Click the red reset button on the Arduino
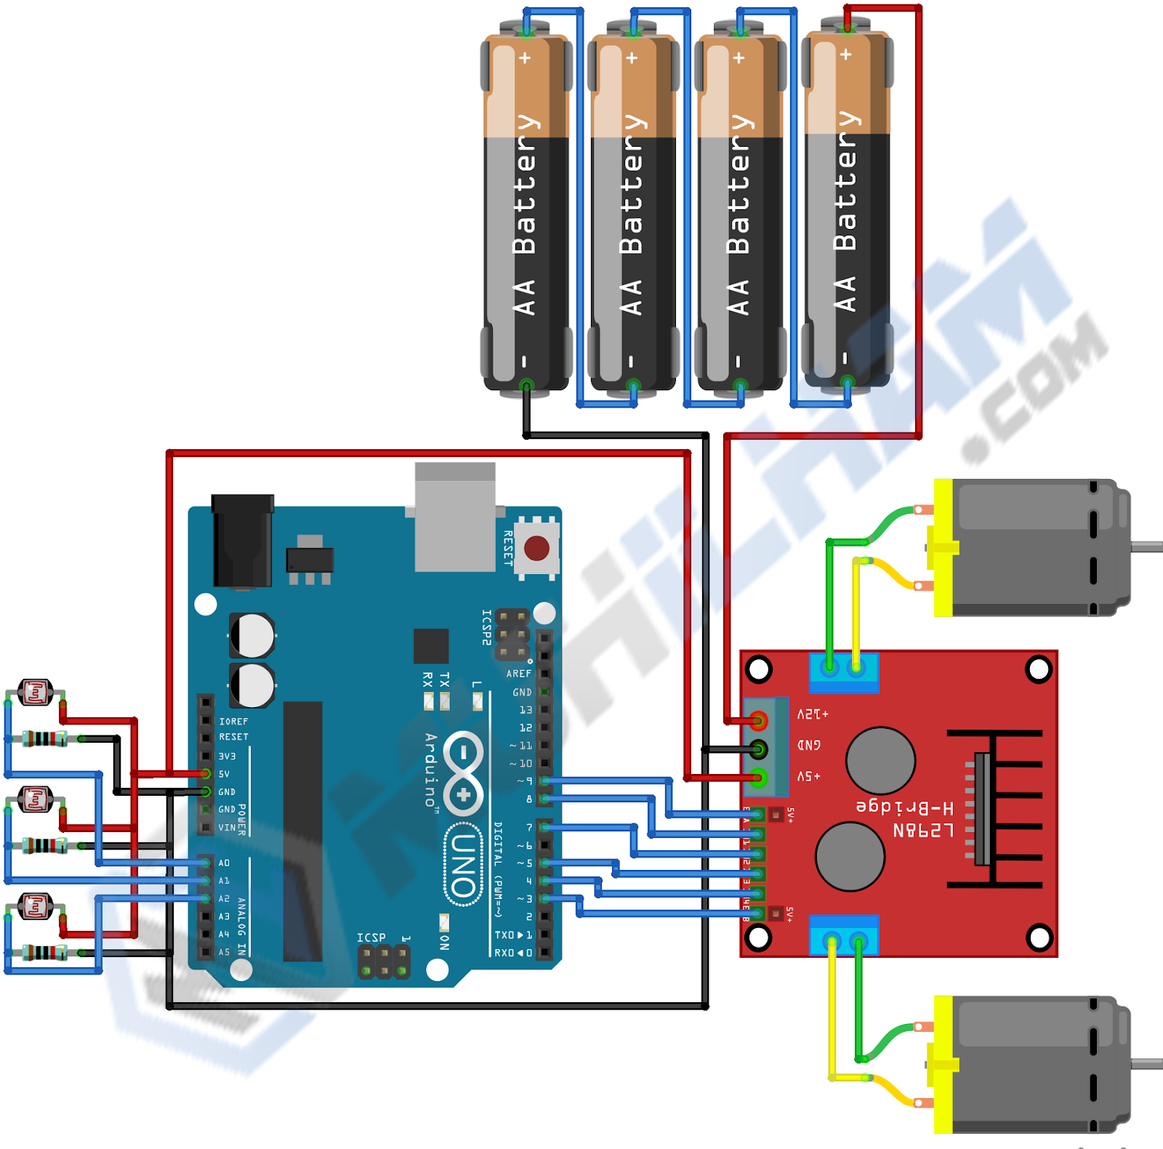click(536, 548)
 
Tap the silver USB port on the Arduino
click(455, 517)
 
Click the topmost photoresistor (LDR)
click(35, 693)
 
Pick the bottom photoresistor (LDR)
click(35, 907)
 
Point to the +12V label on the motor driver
click(813, 714)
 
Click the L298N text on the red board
click(922, 830)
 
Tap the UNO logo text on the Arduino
click(463, 865)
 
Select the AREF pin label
click(519, 674)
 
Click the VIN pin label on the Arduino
click(227, 827)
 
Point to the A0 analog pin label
click(224, 863)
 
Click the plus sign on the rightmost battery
click(845, 55)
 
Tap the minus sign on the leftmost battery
click(523, 361)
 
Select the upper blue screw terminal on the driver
click(843, 672)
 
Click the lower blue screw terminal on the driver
click(844, 935)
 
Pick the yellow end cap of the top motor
click(943, 548)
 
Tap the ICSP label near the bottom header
click(371, 938)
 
